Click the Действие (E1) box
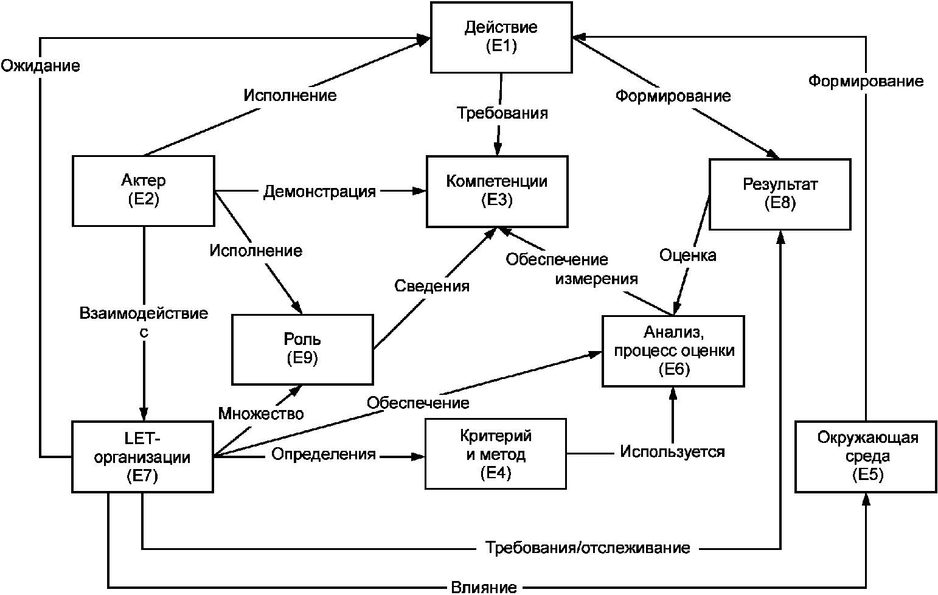click(x=501, y=38)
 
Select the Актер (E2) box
click(x=143, y=191)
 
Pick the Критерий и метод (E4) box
click(x=496, y=454)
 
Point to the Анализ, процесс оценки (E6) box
click(x=673, y=351)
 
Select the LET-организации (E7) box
click(x=142, y=457)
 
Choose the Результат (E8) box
click(x=780, y=194)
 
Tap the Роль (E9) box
click(x=302, y=349)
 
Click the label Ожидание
click(x=40, y=66)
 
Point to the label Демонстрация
click(x=319, y=192)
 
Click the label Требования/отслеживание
click(x=588, y=548)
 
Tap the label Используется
click(x=672, y=451)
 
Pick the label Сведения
click(x=432, y=286)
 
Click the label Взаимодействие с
click(x=144, y=322)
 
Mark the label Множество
click(x=261, y=414)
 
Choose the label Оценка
click(x=688, y=256)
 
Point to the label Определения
click(x=323, y=454)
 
